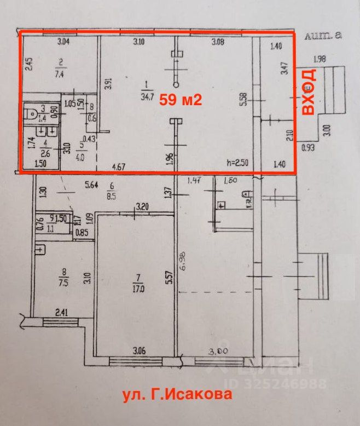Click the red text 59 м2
pyautogui.click(x=181, y=100)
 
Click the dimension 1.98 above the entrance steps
pyautogui.click(x=320, y=58)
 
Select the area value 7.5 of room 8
pyautogui.click(x=64, y=284)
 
